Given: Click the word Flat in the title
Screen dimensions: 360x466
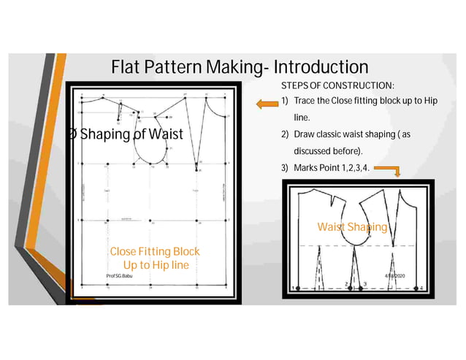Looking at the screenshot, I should pyautogui.click(x=130, y=68).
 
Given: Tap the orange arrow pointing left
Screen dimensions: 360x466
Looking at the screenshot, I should pyautogui.click(x=264, y=105).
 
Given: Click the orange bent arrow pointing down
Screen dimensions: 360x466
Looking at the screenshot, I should pyautogui.click(x=395, y=172).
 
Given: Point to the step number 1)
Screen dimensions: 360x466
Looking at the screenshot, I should pyautogui.click(x=286, y=101).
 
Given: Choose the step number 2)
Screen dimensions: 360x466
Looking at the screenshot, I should pyautogui.click(x=286, y=136).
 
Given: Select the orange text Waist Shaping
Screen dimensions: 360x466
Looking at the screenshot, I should pyautogui.click(x=351, y=227).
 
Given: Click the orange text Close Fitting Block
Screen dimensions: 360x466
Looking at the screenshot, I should pyautogui.click(x=154, y=251).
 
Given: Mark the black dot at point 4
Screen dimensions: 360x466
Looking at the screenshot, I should pyautogui.click(x=416, y=288).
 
